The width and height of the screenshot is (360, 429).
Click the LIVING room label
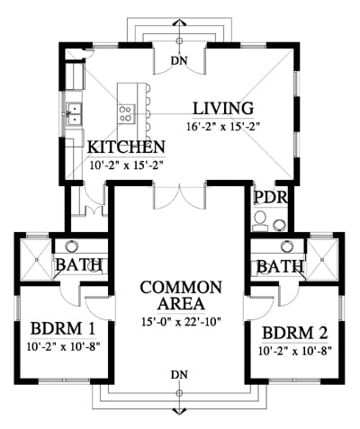(x=223, y=109)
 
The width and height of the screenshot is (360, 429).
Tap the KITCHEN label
(x=126, y=147)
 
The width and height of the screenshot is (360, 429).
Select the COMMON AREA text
(x=181, y=295)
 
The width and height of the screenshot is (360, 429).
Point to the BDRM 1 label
(x=63, y=328)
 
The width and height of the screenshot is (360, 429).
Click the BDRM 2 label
(x=295, y=333)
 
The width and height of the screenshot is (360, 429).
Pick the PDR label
(x=271, y=197)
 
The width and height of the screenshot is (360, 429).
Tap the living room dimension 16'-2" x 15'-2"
(x=223, y=127)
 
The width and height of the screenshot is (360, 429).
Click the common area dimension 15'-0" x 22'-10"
(x=181, y=322)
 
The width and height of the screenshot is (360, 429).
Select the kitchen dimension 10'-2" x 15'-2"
(x=126, y=165)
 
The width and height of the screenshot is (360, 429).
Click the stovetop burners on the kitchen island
(x=127, y=114)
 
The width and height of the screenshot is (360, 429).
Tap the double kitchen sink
(x=74, y=113)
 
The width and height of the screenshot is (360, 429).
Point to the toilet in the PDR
(x=260, y=221)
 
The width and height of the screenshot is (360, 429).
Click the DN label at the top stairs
(x=179, y=61)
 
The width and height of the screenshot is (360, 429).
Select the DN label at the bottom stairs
(x=179, y=375)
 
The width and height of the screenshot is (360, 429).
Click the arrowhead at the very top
(x=179, y=22)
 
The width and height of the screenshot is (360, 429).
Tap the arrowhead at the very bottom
(x=179, y=410)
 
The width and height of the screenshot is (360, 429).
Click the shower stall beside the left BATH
(x=36, y=259)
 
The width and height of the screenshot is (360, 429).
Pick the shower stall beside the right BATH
(x=322, y=259)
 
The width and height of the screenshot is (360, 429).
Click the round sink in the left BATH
(x=72, y=246)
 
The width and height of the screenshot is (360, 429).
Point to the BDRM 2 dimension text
(x=295, y=351)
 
